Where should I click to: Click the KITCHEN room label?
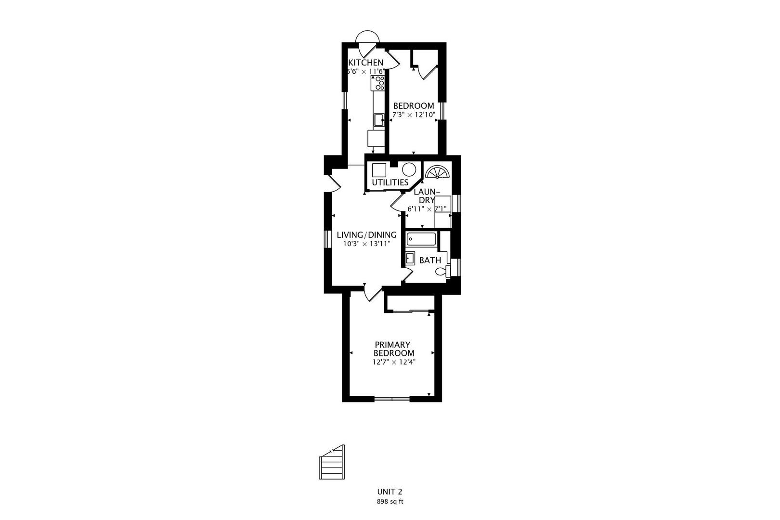pyautogui.click(x=366, y=63)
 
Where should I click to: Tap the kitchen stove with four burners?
pyautogui.click(x=378, y=84)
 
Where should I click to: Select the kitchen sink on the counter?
pyautogui.click(x=379, y=119)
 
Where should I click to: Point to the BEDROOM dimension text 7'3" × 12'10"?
pyautogui.click(x=414, y=115)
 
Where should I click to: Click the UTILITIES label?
pyautogui.click(x=390, y=182)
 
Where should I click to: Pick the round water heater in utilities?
pyautogui.click(x=409, y=170)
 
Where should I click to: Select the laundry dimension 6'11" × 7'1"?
pyautogui.click(x=427, y=209)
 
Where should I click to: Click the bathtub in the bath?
pyautogui.click(x=421, y=239)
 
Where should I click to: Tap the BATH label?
pyautogui.click(x=430, y=260)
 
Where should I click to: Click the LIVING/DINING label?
pyautogui.click(x=366, y=235)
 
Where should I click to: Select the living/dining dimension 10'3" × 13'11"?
pyautogui.click(x=366, y=244)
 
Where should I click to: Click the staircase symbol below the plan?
pyautogui.click(x=332, y=463)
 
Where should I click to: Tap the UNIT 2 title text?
pyautogui.click(x=390, y=492)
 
